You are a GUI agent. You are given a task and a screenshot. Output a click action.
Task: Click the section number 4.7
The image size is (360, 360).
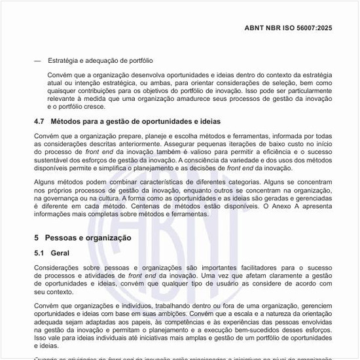[39, 122]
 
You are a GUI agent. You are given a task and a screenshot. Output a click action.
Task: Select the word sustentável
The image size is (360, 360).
[53, 160]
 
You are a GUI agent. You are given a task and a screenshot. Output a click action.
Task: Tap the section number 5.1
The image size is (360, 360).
[39, 252]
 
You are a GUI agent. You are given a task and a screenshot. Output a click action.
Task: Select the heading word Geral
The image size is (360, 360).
[60, 252]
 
